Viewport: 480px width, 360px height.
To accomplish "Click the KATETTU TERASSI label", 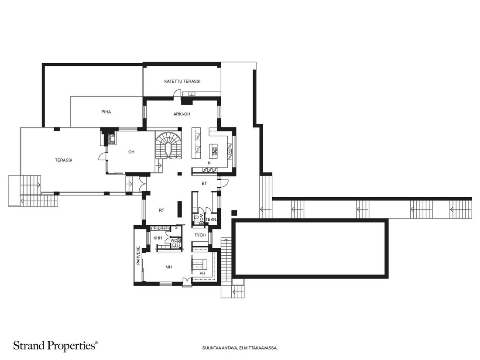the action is [x=182, y=81].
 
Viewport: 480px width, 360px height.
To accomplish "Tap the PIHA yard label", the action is [x=106, y=112].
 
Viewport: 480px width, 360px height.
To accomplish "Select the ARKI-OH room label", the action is [x=182, y=114].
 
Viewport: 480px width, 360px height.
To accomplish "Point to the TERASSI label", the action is [x=64, y=160].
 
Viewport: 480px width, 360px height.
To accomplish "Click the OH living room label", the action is [x=131, y=152].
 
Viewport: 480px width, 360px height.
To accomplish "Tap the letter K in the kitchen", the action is [x=209, y=163].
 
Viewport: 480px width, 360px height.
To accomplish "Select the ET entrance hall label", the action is [x=204, y=184].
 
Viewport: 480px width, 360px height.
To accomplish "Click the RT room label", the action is [x=161, y=210].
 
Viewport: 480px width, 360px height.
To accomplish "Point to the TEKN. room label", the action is [x=211, y=219].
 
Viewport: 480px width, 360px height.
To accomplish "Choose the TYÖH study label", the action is [x=200, y=235].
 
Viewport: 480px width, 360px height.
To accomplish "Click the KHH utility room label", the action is [x=158, y=238].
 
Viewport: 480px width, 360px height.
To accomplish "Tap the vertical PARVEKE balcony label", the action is [x=138, y=256].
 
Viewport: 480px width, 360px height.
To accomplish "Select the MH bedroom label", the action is [x=169, y=267].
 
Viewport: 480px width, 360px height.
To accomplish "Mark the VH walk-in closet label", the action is [x=202, y=273].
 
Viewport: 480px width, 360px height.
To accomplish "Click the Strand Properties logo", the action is [x=55, y=346].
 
